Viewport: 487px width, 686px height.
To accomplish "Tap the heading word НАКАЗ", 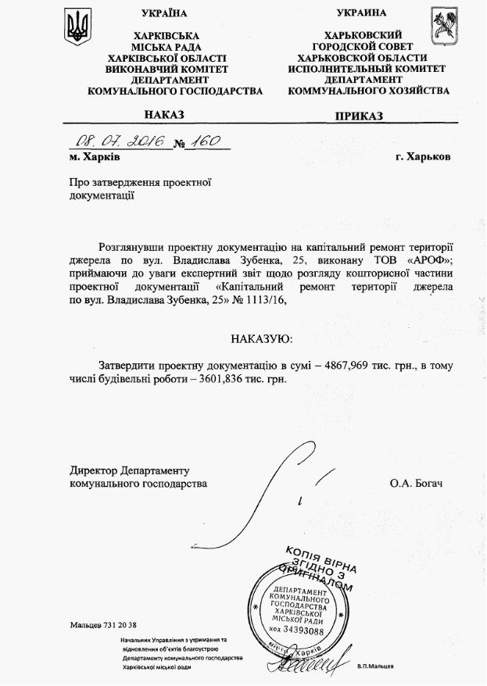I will coord(164,115).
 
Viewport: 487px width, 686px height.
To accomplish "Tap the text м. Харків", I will coord(94,156).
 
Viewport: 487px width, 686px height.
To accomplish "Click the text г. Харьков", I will coord(423,156).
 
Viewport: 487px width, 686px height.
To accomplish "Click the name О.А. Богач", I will coord(416,484).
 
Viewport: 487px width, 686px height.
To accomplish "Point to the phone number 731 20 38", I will coord(117,626).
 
